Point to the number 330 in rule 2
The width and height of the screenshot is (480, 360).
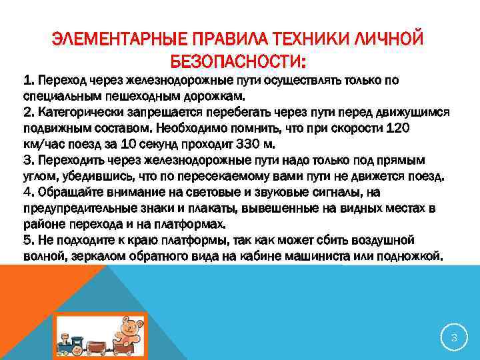click(233, 144)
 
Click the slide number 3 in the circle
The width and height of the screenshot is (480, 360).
click(454, 338)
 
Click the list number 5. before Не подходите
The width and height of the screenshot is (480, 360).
click(28, 239)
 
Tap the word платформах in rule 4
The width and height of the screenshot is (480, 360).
click(195, 223)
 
